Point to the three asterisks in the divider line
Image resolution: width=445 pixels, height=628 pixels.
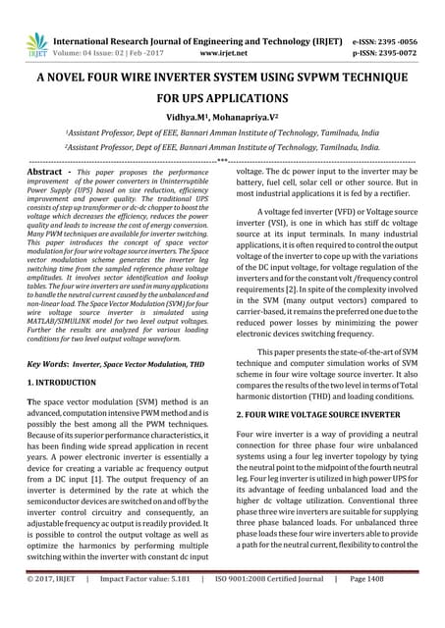(222, 159)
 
